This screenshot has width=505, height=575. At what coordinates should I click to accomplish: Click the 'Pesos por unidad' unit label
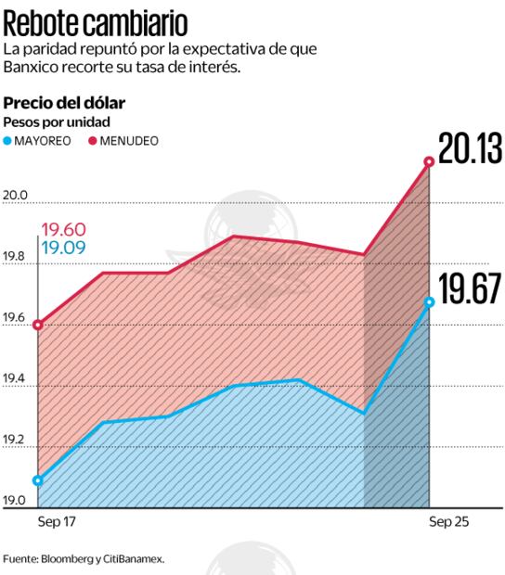tap(57, 122)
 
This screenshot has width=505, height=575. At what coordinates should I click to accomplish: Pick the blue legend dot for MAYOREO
tap(9, 141)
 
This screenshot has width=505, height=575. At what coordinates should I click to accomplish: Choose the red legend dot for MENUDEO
tap(93, 141)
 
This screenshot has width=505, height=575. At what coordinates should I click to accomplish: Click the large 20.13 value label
tap(470, 149)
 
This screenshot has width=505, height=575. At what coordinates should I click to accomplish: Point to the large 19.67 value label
tap(470, 290)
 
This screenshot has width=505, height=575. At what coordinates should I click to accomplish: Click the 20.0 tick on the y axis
tap(17, 196)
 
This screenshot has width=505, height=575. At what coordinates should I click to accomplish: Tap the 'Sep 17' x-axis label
tap(57, 523)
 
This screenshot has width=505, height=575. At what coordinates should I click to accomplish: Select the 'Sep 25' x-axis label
tap(449, 523)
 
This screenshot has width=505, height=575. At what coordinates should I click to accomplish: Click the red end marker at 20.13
tap(429, 162)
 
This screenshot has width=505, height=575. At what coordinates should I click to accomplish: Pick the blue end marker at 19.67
tap(429, 301)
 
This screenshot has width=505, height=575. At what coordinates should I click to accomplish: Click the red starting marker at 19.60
tap(38, 326)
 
